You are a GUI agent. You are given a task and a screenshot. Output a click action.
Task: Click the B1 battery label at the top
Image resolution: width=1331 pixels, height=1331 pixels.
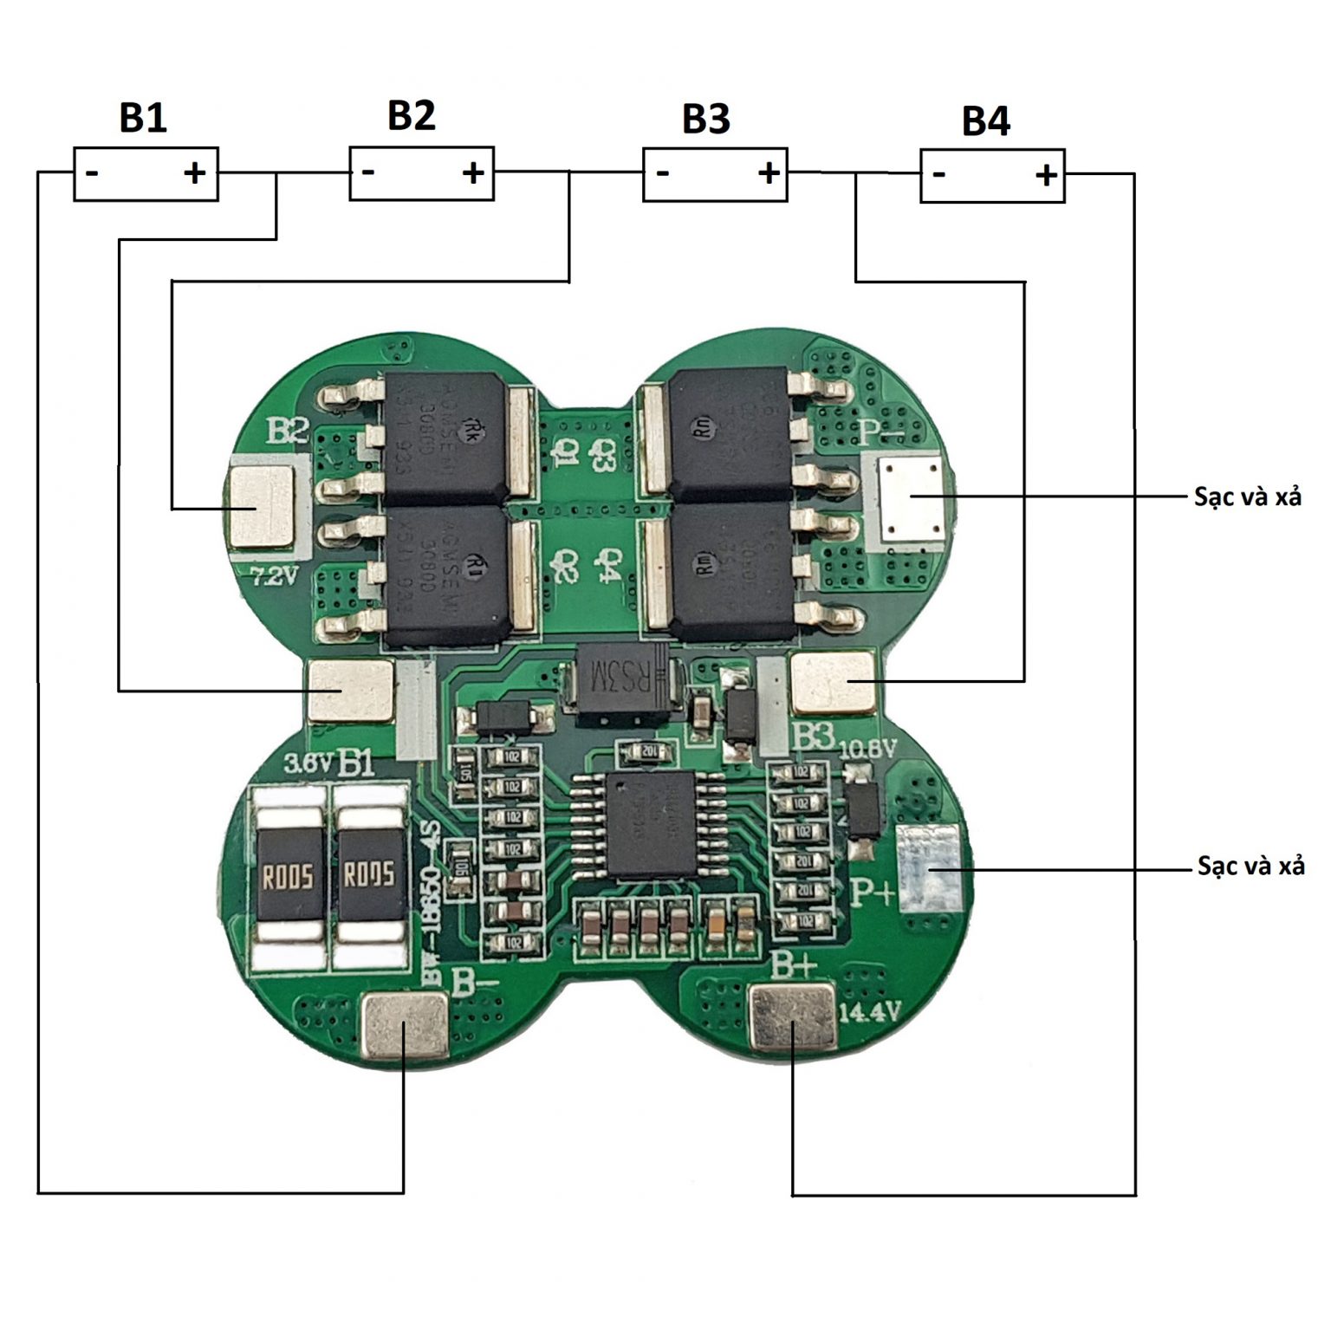point(143,118)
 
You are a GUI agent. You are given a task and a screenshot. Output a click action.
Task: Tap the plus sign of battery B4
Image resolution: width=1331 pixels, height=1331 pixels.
point(1046,176)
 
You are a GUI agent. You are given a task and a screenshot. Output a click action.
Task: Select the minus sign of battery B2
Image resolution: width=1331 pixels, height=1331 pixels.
point(368,172)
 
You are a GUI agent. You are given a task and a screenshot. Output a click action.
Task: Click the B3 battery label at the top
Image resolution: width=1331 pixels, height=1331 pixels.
point(705,119)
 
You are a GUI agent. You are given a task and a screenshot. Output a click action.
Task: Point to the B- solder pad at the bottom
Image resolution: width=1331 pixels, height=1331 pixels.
point(404,1028)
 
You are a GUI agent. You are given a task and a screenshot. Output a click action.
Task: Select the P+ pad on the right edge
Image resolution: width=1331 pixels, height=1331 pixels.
point(928,868)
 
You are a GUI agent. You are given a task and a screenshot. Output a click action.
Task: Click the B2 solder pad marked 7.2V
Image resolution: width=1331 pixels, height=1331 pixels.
point(260,508)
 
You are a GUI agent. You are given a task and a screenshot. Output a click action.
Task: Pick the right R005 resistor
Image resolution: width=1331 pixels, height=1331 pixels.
point(369,876)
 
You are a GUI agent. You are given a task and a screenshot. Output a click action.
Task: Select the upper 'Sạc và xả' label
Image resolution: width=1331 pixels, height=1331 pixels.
point(1247,497)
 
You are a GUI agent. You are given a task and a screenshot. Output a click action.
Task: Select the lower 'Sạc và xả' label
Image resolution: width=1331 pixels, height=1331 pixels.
point(1250,866)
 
